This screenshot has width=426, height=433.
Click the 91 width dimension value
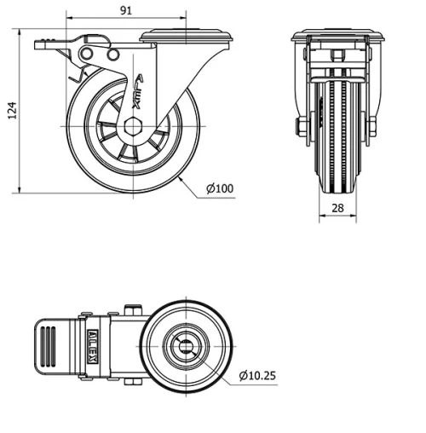tap(126, 10)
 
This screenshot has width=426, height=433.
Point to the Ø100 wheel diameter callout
tap(220, 188)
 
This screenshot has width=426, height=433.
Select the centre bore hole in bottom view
tap(187, 348)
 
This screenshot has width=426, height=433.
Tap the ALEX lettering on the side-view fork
tap(138, 90)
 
